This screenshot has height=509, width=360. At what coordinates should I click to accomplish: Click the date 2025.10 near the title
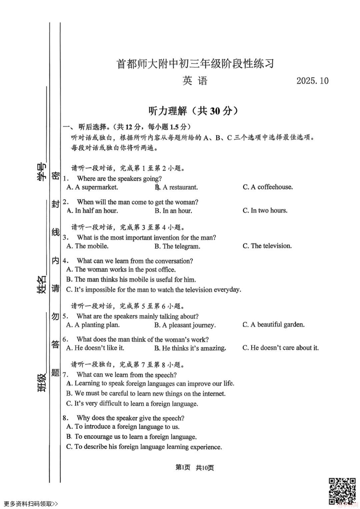coord(312,81)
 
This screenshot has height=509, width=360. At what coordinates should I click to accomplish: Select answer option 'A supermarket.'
coord(92,187)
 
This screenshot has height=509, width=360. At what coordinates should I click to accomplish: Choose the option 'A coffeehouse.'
coord(268,187)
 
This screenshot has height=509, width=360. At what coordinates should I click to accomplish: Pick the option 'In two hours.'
coord(265,210)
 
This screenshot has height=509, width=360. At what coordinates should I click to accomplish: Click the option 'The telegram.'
coord(177,246)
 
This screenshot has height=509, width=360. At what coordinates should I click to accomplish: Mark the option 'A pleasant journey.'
coord(185,325)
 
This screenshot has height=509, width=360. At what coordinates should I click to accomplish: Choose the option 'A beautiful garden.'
coord(273,325)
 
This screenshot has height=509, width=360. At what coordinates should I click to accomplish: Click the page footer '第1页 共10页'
coord(195,468)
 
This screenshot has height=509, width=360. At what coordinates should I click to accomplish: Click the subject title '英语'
coord(195,81)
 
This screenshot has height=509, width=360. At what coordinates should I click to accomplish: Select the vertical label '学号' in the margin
coord(41,172)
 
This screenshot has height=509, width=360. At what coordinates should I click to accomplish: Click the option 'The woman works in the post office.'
coord(121,270)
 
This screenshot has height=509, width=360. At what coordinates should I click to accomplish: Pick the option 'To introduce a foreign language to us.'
coord(123,427)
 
